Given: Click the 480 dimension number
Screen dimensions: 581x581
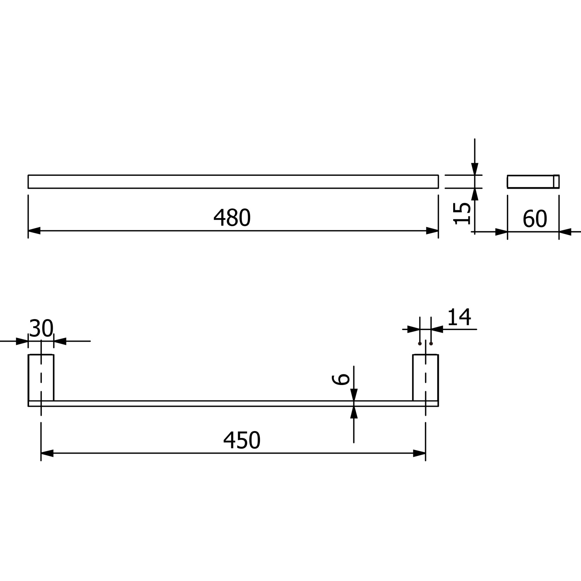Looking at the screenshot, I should pyautogui.click(x=232, y=218).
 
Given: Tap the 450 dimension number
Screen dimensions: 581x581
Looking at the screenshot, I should pyautogui.click(x=242, y=440).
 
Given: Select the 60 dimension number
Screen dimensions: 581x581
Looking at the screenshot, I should pyautogui.click(x=535, y=219).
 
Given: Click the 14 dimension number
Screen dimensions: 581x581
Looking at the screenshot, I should pyautogui.click(x=459, y=317).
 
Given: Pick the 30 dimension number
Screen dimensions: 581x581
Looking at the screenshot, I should pyautogui.click(x=41, y=328).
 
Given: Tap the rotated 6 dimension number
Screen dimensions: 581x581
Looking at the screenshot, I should pyautogui.click(x=341, y=379).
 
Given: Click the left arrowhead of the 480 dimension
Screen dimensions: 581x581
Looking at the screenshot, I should pyautogui.click(x=34, y=231).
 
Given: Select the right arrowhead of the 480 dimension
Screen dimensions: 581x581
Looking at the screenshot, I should pyautogui.click(x=432, y=231).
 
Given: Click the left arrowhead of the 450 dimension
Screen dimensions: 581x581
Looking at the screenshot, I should pyautogui.click(x=47, y=453).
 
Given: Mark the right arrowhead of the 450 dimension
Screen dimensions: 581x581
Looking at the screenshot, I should pyautogui.click(x=419, y=453).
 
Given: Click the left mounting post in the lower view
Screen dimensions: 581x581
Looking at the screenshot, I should pyautogui.click(x=41, y=378).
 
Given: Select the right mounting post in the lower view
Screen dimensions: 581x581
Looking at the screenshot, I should pyautogui.click(x=425, y=378).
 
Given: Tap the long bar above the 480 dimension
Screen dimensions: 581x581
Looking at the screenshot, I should pyautogui.click(x=233, y=182).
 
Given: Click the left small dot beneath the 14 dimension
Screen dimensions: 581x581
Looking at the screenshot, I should pyautogui.click(x=420, y=344).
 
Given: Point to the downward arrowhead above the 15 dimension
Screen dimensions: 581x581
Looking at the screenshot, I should pyautogui.click(x=475, y=169).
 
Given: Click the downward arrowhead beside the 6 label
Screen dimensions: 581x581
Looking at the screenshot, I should pyautogui.click(x=354, y=394).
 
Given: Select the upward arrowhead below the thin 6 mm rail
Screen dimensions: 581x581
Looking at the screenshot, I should pyautogui.click(x=354, y=413).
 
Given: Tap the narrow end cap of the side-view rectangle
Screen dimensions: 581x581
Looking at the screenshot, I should pyautogui.click(x=556, y=182).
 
